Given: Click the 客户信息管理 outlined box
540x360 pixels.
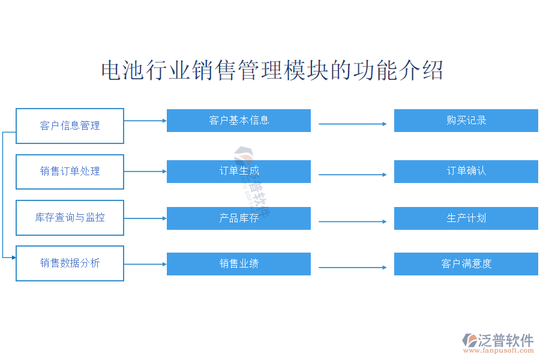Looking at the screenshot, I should coord(70,126).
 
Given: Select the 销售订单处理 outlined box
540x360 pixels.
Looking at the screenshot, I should coord(70,172).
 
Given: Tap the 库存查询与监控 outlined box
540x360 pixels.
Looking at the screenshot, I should coord(70,217).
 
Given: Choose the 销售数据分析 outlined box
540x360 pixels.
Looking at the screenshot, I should coord(70,263).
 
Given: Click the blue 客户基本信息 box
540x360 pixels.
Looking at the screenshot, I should coord(238,121).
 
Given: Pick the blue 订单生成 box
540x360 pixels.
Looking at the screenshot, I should coord(238,172).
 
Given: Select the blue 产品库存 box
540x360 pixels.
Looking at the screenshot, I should coord(238,218).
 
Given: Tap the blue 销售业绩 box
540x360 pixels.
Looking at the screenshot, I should coord(238,264).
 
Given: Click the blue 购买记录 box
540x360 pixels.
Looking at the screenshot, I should coord(466,121).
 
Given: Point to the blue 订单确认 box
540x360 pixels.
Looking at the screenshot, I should coord(466,172).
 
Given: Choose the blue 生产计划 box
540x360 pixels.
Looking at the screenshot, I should coord(466,218).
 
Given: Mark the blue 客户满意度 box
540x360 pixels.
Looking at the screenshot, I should coord(466,264).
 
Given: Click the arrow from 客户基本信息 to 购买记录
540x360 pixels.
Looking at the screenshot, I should coord(352,124).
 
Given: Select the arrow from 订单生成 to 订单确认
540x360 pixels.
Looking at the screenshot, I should coord(352,175).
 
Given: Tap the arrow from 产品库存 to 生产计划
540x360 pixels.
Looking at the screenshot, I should coord(352,222).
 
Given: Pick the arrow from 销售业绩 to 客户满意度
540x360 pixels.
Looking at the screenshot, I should coord(352,268).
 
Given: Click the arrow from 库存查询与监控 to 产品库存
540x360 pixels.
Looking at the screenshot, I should coord(145,218).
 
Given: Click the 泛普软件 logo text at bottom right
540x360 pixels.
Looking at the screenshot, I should coord(506,340).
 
